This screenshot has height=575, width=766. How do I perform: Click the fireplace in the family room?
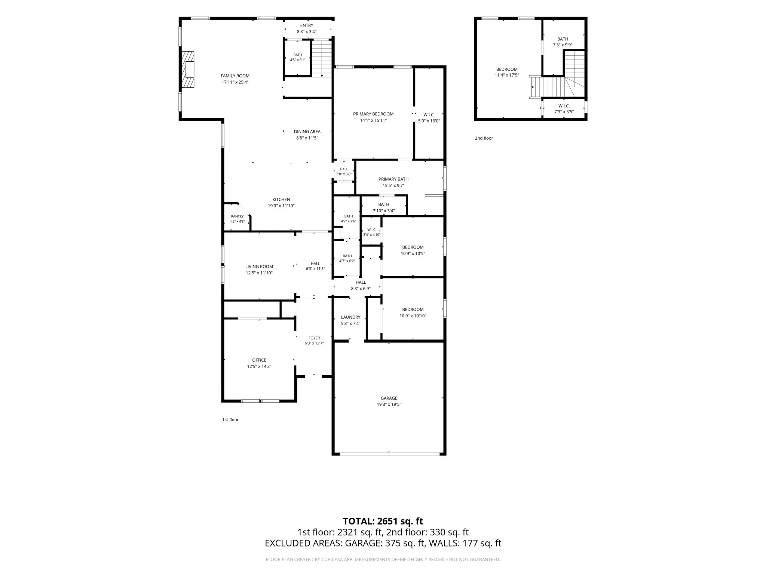pyautogui.click(x=188, y=70)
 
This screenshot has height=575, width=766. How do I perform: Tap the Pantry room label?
pyautogui.click(x=237, y=216)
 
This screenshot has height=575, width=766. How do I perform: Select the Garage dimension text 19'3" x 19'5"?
pyautogui.click(x=389, y=404)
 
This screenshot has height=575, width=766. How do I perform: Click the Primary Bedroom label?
pyautogui.click(x=373, y=114)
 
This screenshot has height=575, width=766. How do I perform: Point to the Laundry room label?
pyautogui.click(x=350, y=317)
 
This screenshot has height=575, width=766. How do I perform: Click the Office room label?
pyautogui.click(x=259, y=360)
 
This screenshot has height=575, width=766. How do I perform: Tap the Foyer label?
pyautogui.click(x=314, y=338)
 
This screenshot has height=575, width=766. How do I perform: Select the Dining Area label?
pyautogui.click(x=307, y=132)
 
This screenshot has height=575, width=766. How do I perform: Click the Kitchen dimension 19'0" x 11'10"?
pyautogui.click(x=281, y=206)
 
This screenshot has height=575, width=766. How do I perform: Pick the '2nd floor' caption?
pyautogui.click(x=484, y=138)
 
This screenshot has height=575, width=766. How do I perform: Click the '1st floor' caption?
pyautogui.click(x=230, y=420)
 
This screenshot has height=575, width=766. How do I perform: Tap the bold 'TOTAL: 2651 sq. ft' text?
pyautogui.click(x=383, y=521)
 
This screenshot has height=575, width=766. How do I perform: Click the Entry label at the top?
pyautogui.click(x=307, y=25)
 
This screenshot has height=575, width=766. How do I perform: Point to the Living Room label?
pyautogui.click(x=259, y=267)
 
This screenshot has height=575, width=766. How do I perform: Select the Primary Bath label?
pyautogui.click(x=393, y=179)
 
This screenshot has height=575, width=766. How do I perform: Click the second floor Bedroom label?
pyautogui.click(x=507, y=69)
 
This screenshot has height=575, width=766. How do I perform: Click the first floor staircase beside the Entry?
pyautogui.click(x=322, y=58)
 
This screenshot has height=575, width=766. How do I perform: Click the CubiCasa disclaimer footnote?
pyautogui.click(x=383, y=560)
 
